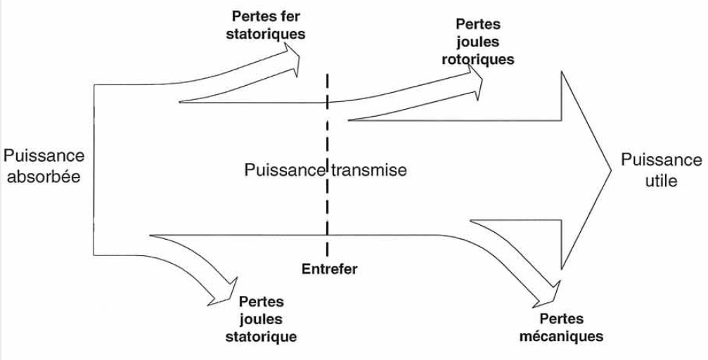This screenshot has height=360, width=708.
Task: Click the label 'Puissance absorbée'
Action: pyautogui.click(x=44, y=166)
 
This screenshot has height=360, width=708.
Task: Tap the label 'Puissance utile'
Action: pyautogui.click(x=661, y=170)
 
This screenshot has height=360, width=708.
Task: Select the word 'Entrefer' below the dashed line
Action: pyautogui.click(x=329, y=269)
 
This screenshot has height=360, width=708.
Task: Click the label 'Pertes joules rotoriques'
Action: pyautogui.click(x=477, y=42)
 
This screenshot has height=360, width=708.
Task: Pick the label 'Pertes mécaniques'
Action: pyautogui.click(x=561, y=328)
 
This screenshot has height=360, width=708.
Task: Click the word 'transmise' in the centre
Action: pyautogui.click(x=369, y=170)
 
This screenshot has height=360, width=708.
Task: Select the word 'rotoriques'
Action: pyautogui.click(x=477, y=59)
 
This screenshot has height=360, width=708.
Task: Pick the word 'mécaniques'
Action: pyautogui.click(x=561, y=336)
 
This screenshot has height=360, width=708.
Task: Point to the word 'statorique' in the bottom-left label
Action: pyautogui.click(x=261, y=336)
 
